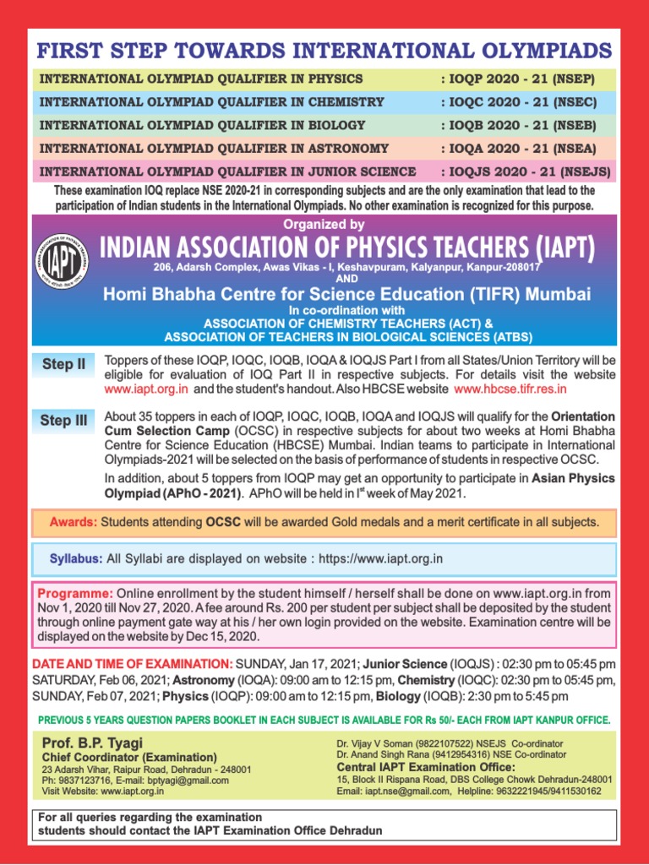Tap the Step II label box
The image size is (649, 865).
point(63,365)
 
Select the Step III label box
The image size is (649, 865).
point(63,421)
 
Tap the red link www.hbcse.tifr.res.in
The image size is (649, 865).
point(510,389)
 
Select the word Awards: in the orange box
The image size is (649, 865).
point(74,521)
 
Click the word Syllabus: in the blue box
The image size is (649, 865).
point(76,558)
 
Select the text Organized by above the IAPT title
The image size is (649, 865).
point(324,225)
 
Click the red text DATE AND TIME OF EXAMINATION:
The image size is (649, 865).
point(132,664)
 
